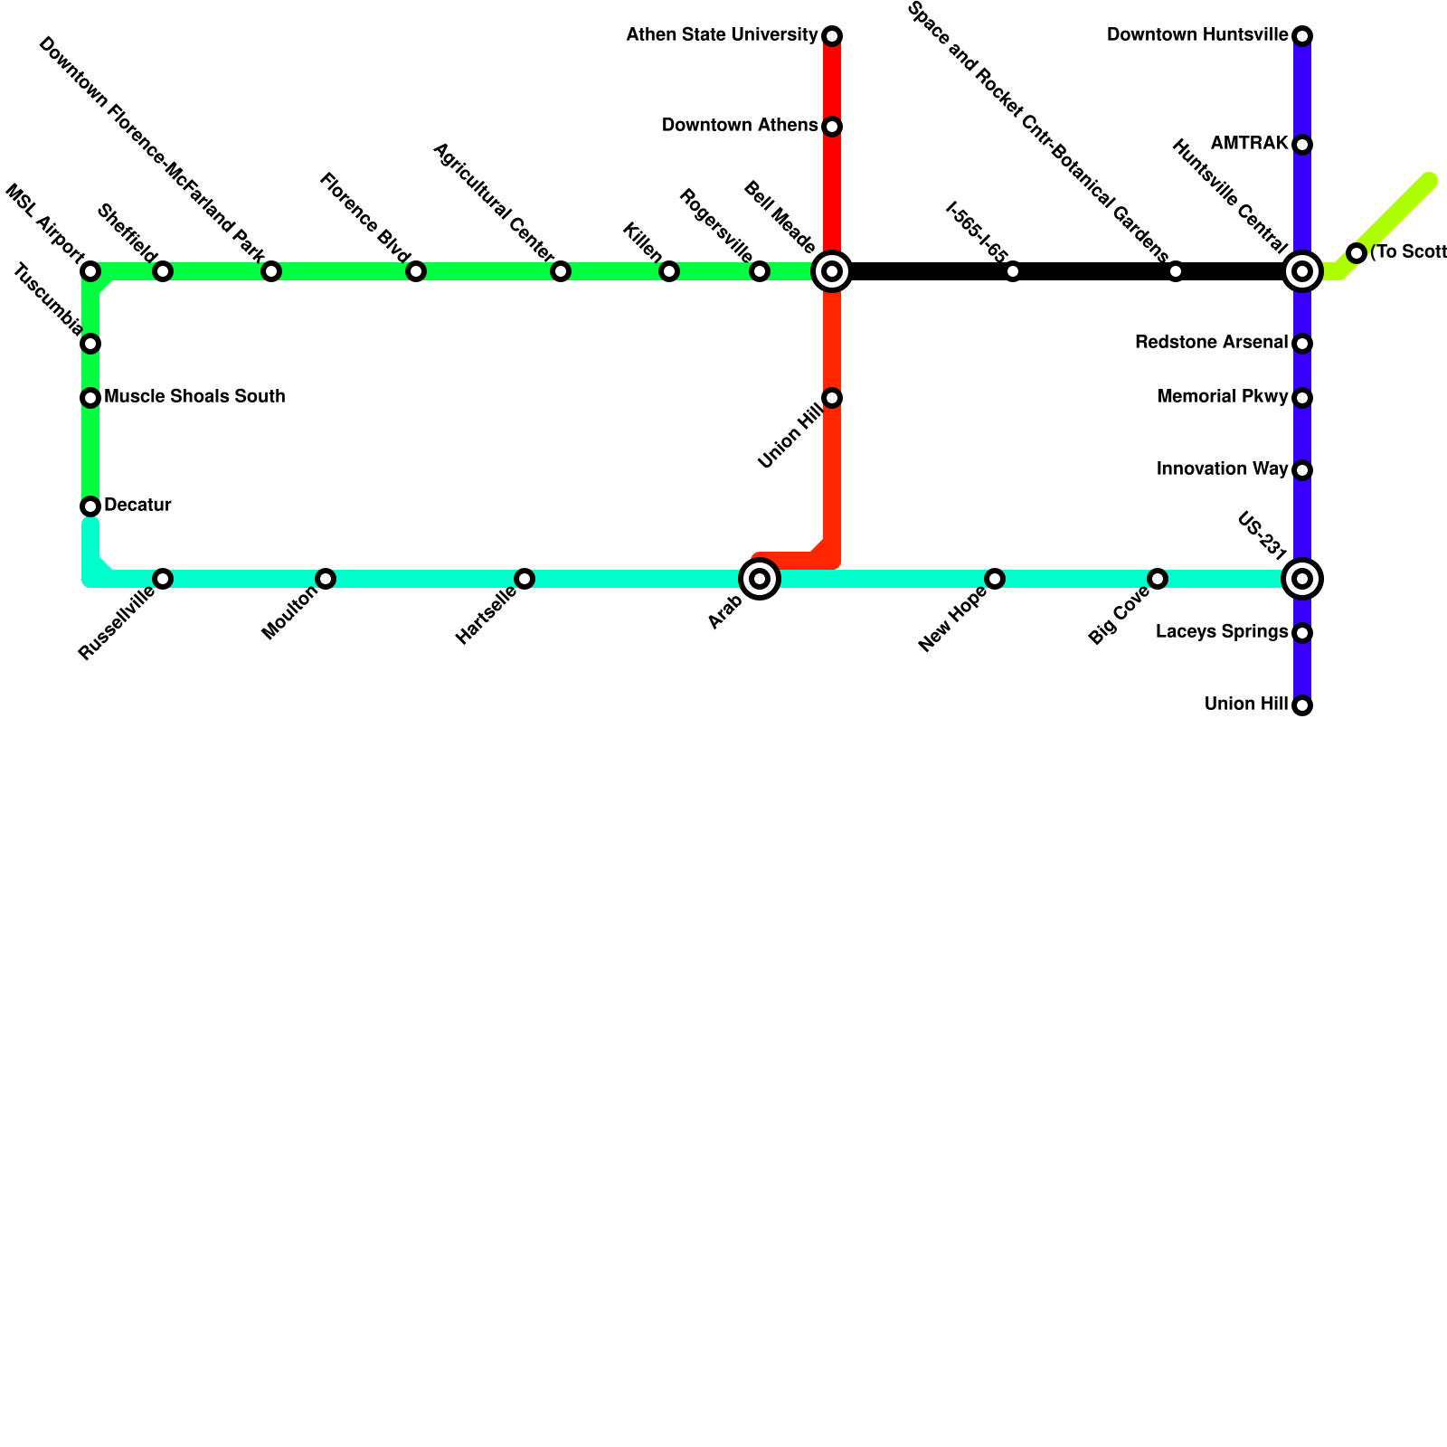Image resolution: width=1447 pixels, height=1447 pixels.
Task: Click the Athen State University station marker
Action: pos(832,36)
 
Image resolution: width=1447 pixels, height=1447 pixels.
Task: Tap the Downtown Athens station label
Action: pos(740,126)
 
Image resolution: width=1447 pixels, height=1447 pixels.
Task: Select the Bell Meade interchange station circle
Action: pos(832,271)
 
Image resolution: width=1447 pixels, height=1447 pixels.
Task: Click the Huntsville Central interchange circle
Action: pos(1302,271)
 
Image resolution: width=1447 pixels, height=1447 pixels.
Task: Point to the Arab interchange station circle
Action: pos(760,579)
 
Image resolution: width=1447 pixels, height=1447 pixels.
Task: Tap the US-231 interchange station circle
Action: pos(1302,579)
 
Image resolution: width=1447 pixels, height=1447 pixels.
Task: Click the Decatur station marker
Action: pos(90,506)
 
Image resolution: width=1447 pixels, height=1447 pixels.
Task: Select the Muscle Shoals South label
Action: pos(194,397)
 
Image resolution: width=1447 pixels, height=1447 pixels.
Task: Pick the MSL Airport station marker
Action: pos(90,271)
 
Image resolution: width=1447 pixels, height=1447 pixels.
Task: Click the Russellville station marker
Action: pos(163,579)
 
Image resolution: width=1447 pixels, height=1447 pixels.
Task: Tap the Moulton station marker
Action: pos(326,579)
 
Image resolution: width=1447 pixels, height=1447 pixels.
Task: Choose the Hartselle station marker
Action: pos(525,579)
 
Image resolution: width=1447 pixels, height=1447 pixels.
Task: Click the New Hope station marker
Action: pos(995,579)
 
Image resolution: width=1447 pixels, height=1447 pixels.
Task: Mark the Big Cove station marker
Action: pos(1158,579)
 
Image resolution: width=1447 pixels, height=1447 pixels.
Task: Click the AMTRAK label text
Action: pos(1249,144)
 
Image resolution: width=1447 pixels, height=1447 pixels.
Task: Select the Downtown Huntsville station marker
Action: pos(1302,36)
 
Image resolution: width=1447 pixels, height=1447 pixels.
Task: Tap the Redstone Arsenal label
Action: pos(1211,343)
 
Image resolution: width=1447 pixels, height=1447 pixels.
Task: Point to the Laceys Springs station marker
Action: pos(1302,633)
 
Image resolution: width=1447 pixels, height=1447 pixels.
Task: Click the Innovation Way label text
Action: pos(1222,469)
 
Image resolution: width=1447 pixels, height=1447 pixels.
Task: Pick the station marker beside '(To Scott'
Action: pos(1357,253)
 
